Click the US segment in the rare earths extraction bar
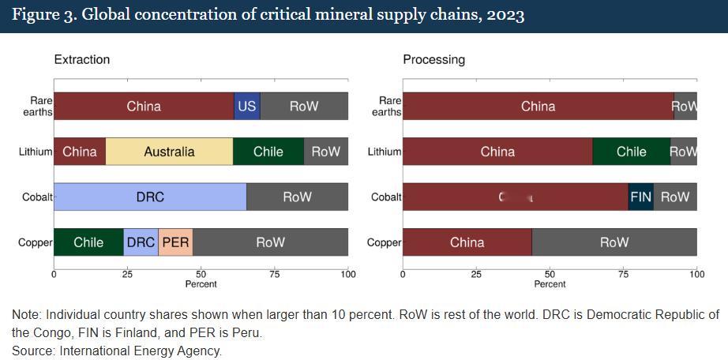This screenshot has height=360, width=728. click(x=247, y=106)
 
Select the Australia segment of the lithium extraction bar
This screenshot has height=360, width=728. click(x=169, y=152)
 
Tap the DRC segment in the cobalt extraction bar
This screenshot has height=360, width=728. click(x=150, y=197)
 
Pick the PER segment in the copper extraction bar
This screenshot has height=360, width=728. click(x=175, y=242)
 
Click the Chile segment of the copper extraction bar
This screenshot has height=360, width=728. click(x=88, y=242)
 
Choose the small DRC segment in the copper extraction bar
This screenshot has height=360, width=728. click(x=141, y=242)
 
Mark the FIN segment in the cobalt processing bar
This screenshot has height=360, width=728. click(x=640, y=197)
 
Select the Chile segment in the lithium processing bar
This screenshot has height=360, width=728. click(x=631, y=152)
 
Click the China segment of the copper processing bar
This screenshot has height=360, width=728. click(x=467, y=242)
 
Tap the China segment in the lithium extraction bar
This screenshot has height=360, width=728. click(x=79, y=152)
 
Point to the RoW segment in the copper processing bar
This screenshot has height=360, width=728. click(x=614, y=242)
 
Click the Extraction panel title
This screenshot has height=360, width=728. click(x=82, y=59)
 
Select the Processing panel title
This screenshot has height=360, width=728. click(x=433, y=59)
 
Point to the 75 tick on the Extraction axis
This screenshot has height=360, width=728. click(x=274, y=274)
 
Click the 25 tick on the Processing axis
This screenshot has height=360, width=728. click(x=476, y=274)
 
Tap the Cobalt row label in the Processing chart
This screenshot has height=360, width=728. click(x=386, y=197)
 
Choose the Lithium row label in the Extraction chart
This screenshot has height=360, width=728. click(x=36, y=152)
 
